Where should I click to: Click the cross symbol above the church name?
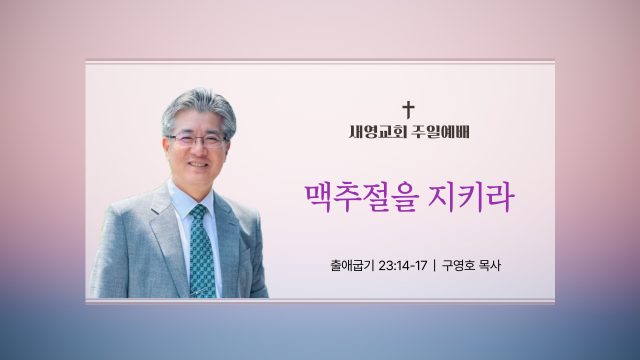click(408, 110)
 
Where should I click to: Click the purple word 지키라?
click(471, 197)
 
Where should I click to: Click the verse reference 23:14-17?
click(403, 265)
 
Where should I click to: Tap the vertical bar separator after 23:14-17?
click(434, 265)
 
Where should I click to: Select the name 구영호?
click(458, 265)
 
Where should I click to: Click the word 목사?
click(490, 265)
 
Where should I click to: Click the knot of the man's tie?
click(198, 211)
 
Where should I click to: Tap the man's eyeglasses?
click(197, 140)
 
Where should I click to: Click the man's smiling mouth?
click(198, 165)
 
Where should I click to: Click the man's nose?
click(199, 150)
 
